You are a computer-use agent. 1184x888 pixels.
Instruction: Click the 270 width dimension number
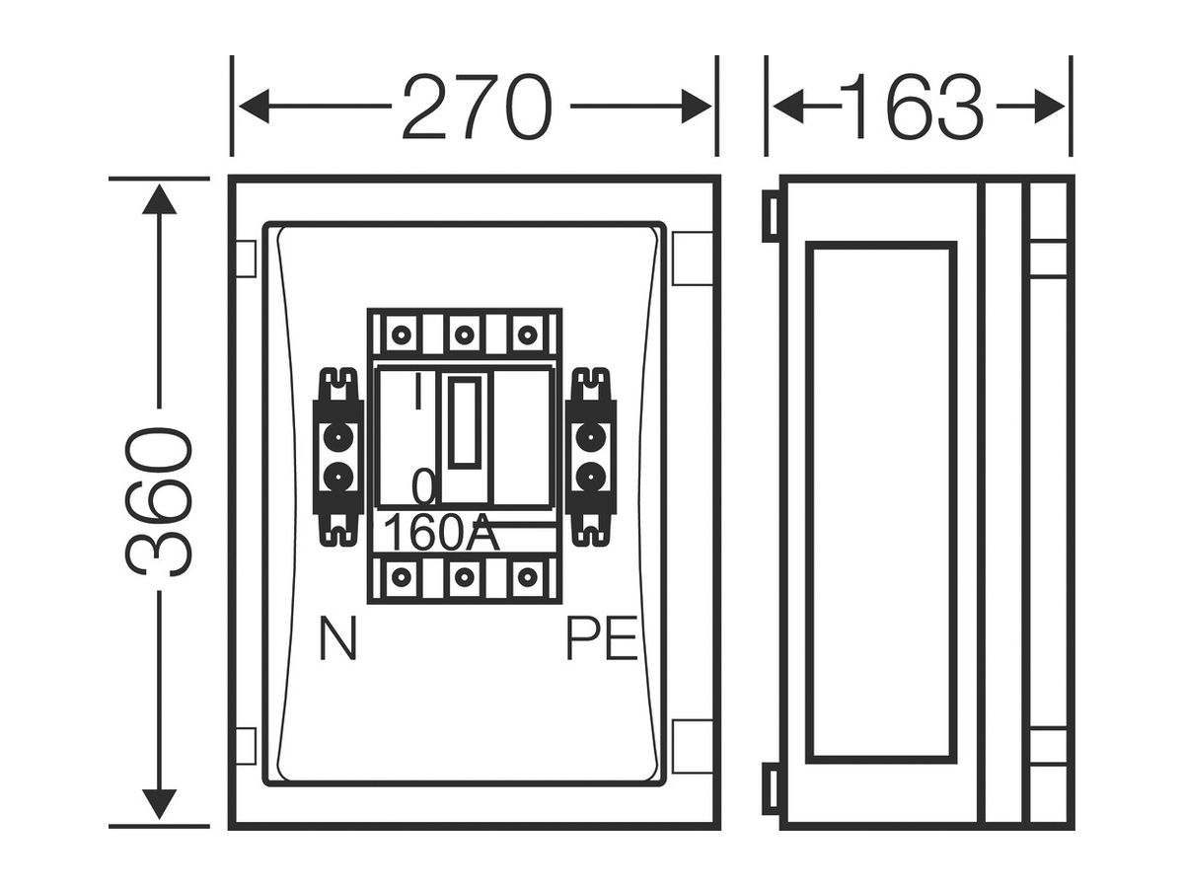pos(478,107)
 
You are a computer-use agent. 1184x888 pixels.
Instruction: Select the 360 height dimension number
pos(159,502)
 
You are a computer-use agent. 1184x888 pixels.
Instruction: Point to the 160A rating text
pos(441,533)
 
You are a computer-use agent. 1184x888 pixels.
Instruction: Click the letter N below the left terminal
pos(338,638)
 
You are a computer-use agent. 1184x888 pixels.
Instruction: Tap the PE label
pos(602,638)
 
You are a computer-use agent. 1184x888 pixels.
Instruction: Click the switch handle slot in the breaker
pos(465,421)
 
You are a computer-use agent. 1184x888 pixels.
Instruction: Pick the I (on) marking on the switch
pos(417,390)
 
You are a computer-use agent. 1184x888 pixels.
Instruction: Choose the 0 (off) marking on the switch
pos(423,486)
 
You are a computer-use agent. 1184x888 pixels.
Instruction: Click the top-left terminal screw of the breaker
pos(401,335)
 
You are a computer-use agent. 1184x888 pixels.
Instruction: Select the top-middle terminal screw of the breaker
pos(465,335)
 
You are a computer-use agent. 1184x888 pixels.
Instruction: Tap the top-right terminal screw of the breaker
pos(528,335)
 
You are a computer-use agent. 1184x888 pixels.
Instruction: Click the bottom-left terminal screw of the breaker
pos(401,577)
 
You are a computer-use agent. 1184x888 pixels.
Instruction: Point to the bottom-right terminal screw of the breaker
pos(528,577)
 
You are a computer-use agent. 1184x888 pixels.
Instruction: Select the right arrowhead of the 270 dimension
pos(697,107)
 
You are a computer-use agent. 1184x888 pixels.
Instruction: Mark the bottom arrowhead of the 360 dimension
pos(159,804)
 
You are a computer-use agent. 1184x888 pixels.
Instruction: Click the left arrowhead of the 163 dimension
pos(788,107)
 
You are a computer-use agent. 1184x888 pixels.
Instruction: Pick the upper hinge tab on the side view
pos(772,216)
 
